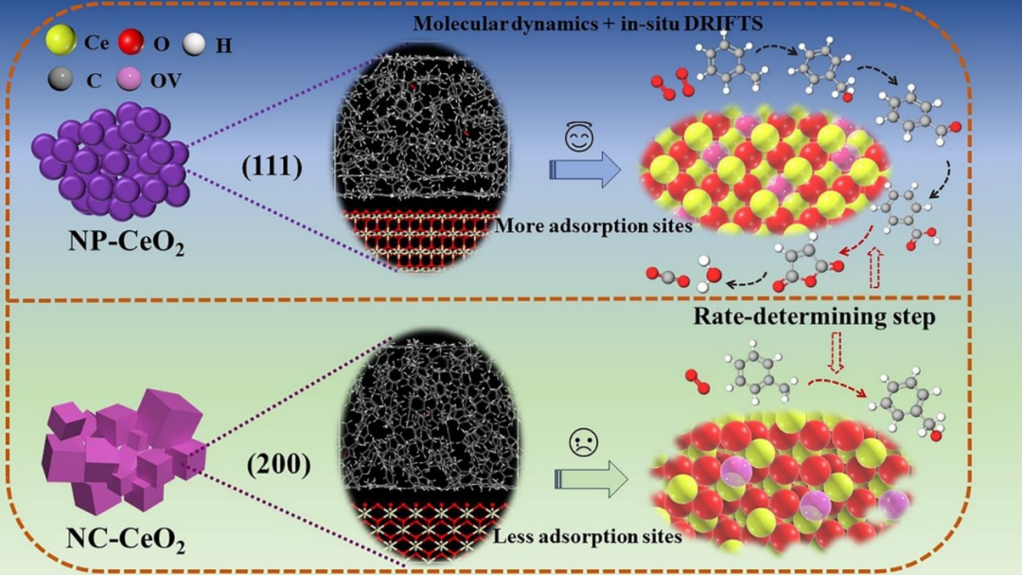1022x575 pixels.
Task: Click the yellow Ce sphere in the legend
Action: pos(61,41)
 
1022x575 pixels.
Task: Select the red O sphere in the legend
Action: pos(131,42)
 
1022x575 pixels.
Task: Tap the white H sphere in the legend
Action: pos(194,44)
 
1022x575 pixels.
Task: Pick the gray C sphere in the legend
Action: pos(60,80)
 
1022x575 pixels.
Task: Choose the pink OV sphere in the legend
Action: pos(129,79)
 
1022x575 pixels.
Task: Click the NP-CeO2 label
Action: pos(127,243)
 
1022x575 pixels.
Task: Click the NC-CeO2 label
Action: pos(126,540)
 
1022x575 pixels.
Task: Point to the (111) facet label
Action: pos(272,167)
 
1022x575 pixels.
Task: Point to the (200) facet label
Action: pos(278,465)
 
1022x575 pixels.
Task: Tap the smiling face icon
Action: pos(579,137)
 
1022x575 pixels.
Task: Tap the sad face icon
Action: pos(583,441)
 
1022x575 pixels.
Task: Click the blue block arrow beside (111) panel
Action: pos(585,170)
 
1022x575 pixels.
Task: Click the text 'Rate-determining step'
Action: pos(814,316)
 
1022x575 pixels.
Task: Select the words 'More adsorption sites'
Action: pos(593,226)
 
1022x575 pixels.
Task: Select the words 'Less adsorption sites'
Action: pos(588,536)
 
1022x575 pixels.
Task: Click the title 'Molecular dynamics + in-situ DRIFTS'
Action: pos(588,24)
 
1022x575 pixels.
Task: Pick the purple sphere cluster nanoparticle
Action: pos(111,160)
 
